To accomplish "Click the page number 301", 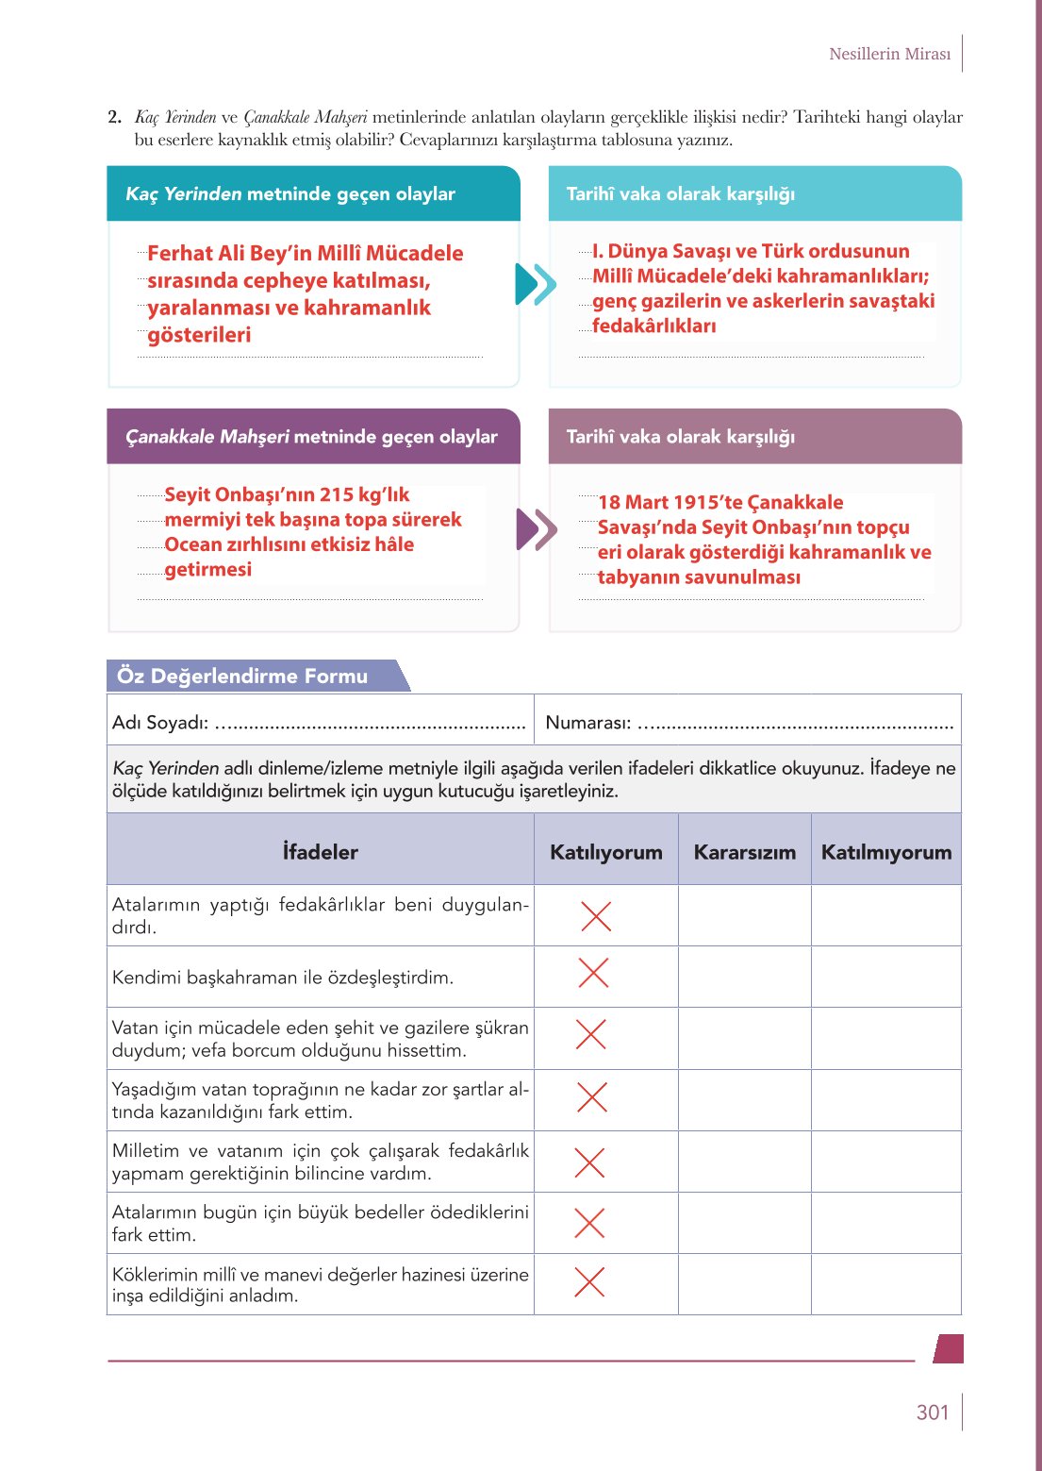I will click(x=932, y=1412).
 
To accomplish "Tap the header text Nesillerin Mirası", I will click(x=889, y=54).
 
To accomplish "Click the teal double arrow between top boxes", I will click(x=536, y=284).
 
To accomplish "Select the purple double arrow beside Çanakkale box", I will click(x=536, y=529).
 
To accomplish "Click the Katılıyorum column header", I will click(x=605, y=852).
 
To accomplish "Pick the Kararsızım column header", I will click(x=744, y=852).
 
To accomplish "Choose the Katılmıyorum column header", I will click(x=885, y=852).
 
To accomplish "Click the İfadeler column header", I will click(x=320, y=852).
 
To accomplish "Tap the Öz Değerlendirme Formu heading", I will click(x=242, y=676).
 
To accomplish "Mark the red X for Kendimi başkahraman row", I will click(x=593, y=973).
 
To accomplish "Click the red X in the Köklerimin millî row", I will click(x=589, y=1281).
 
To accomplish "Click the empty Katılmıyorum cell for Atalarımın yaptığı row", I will click(x=885, y=915).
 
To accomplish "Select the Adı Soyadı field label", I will click(x=159, y=723).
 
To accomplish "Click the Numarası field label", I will click(x=587, y=723).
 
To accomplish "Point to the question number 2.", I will click(x=114, y=117).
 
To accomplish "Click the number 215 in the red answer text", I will click(x=337, y=494).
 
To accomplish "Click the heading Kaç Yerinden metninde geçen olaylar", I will click(x=290, y=193).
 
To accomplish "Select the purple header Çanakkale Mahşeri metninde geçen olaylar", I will click(x=311, y=437).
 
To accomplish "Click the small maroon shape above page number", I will click(x=949, y=1348).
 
